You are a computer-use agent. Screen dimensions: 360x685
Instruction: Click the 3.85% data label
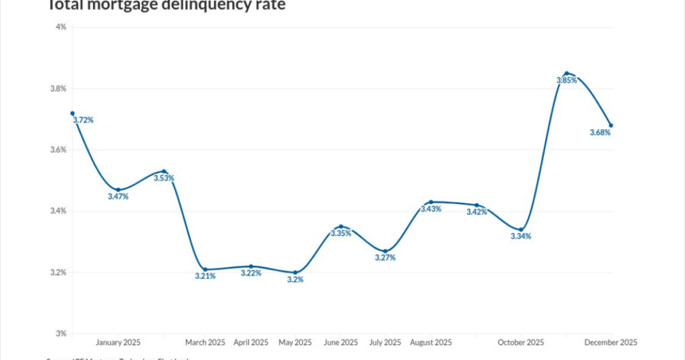coord(567,80)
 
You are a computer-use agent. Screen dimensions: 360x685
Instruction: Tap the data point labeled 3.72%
coord(72,113)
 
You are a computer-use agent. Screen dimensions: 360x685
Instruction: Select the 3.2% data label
coord(295,280)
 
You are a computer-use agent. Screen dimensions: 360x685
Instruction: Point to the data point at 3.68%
coord(611,125)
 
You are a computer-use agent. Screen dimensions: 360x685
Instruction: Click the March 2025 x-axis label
coord(205,343)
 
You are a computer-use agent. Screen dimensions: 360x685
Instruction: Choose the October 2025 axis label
coord(521,343)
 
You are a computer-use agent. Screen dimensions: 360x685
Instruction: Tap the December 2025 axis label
coord(611,343)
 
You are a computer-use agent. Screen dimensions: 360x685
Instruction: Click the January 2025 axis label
coord(118,343)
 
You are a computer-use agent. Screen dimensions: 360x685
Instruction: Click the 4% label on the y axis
coord(61,27)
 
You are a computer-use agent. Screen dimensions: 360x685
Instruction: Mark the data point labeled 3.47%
coord(118,190)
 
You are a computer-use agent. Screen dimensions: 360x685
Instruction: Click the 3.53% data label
coord(164,178)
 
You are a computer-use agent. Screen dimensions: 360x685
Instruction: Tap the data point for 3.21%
coord(205,269)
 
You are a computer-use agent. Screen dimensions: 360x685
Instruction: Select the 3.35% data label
coord(340,234)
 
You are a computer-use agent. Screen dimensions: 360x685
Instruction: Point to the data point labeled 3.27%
coord(385,251)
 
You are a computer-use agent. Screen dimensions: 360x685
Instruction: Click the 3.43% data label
coord(431,209)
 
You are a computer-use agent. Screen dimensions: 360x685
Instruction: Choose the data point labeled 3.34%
coord(521,230)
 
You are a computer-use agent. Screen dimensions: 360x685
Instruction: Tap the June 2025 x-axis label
coord(340,343)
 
